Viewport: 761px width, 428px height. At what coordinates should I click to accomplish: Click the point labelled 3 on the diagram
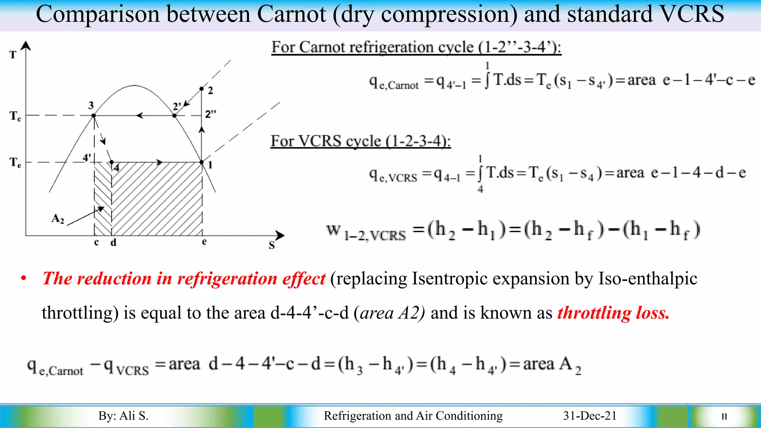(94, 116)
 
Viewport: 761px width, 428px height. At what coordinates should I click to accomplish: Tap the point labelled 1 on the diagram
(202, 162)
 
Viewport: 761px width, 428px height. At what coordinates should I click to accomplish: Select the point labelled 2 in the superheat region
(201, 89)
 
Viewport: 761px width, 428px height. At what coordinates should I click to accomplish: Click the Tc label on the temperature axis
(15, 116)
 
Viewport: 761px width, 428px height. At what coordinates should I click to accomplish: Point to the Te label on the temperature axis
(15, 163)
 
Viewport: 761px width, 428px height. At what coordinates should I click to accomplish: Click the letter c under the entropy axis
(97, 243)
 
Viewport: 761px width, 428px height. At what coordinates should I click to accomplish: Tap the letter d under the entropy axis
(113, 243)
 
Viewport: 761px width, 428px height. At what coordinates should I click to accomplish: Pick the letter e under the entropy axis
(204, 242)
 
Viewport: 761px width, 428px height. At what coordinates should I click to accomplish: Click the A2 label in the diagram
(58, 218)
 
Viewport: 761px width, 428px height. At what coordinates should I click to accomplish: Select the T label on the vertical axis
(13, 55)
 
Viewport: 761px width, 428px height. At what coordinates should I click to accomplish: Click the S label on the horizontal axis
(272, 246)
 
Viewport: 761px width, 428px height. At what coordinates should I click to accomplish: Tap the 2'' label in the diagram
(211, 114)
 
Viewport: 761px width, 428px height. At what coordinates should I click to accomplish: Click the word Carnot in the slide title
(291, 14)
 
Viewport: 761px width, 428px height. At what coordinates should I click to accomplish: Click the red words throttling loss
(613, 313)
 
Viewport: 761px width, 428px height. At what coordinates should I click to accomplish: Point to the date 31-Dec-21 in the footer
(590, 416)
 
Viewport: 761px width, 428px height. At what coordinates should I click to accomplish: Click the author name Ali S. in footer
(133, 416)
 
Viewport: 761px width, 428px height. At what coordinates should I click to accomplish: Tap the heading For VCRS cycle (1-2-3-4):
(360, 141)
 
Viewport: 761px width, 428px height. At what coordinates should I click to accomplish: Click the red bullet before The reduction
(24, 279)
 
